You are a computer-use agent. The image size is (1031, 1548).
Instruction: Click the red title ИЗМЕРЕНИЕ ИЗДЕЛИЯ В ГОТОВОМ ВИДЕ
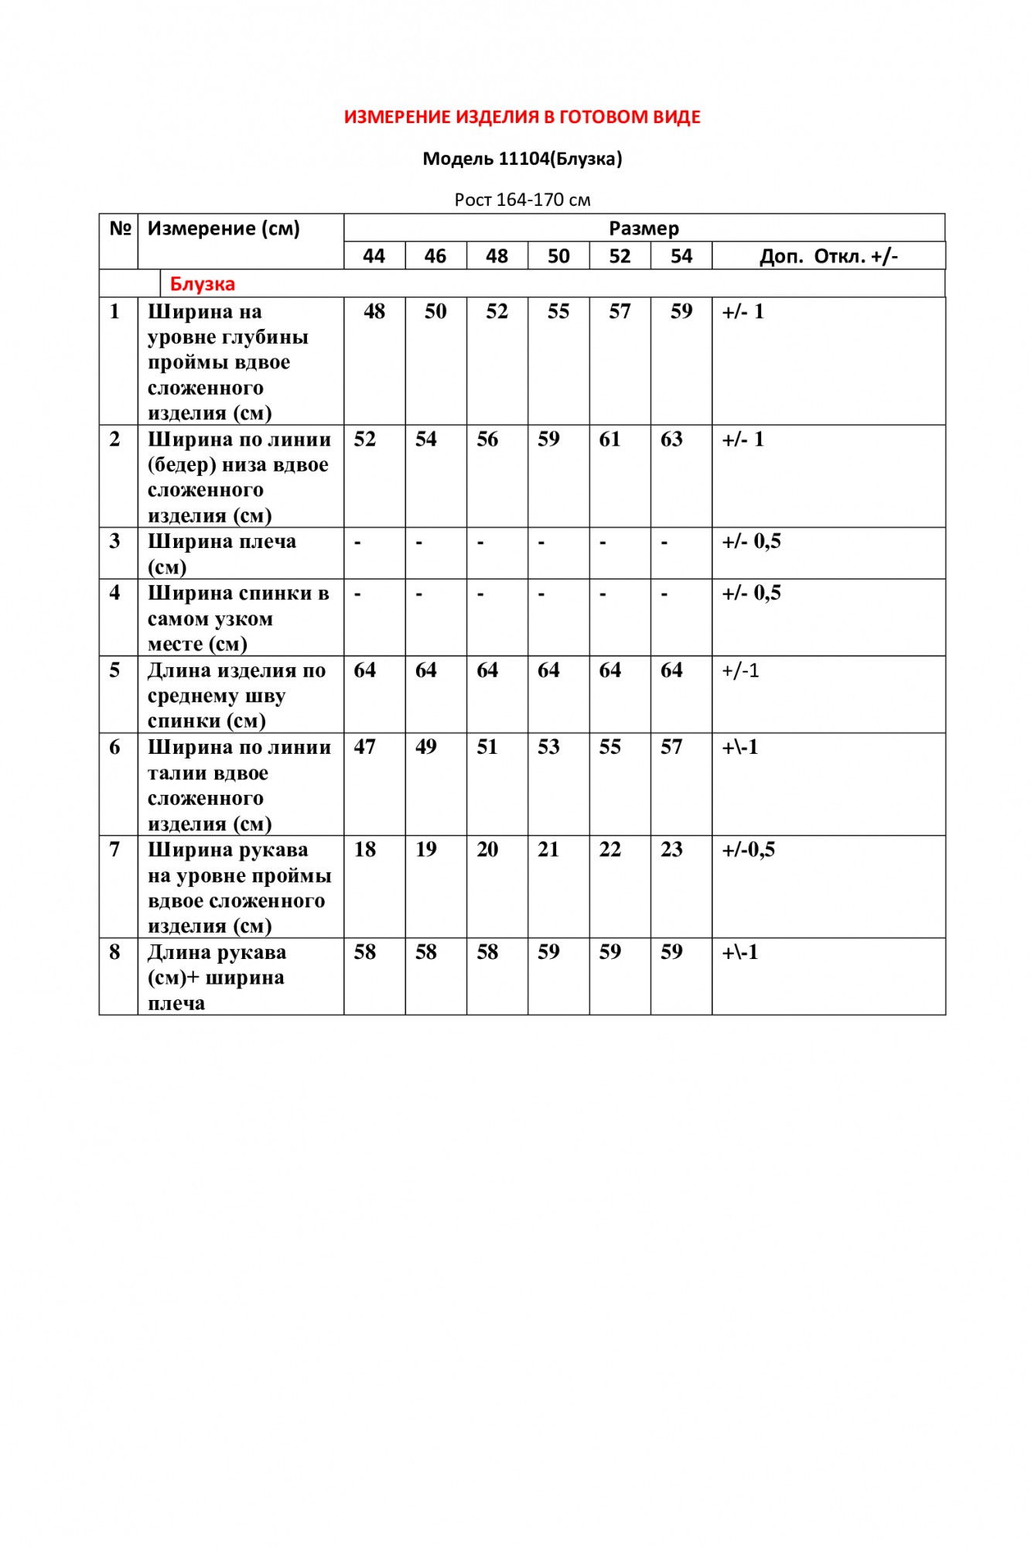click(x=522, y=117)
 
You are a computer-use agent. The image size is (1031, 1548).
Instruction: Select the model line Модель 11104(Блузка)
click(x=522, y=159)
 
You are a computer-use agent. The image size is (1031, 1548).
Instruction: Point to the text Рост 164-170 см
click(x=522, y=200)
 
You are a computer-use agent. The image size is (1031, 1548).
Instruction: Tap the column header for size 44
click(x=374, y=256)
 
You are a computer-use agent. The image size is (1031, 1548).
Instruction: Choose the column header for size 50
click(x=558, y=256)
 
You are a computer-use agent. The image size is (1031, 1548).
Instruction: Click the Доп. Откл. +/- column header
click(x=828, y=256)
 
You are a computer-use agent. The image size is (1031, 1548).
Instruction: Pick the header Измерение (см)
click(x=224, y=228)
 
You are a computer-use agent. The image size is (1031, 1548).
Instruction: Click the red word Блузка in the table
click(x=203, y=284)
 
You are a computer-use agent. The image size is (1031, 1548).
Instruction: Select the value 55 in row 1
click(x=558, y=311)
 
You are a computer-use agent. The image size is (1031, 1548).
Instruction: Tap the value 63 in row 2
click(x=671, y=439)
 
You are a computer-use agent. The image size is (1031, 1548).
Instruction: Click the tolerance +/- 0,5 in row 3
click(x=751, y=541)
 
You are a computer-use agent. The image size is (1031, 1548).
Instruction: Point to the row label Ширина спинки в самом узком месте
click(x=237, y=618)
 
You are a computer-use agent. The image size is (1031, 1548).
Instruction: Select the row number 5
click(x=114, y=670)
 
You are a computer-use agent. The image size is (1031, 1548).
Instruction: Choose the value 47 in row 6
click(x=364, y=747)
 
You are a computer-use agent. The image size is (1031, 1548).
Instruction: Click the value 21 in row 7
click(x=548, y=849)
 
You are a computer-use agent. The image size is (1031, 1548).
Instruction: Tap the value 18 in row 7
click(x=364, y=849)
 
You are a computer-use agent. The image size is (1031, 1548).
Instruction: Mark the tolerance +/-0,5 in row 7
click(x=748, y=849)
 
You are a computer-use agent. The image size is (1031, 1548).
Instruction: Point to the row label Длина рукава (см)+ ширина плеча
click(x=217, y=978)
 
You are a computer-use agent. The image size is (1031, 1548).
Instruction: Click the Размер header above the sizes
click(x=644, y=228)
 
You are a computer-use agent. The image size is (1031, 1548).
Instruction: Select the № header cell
click(x=120, y=228)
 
